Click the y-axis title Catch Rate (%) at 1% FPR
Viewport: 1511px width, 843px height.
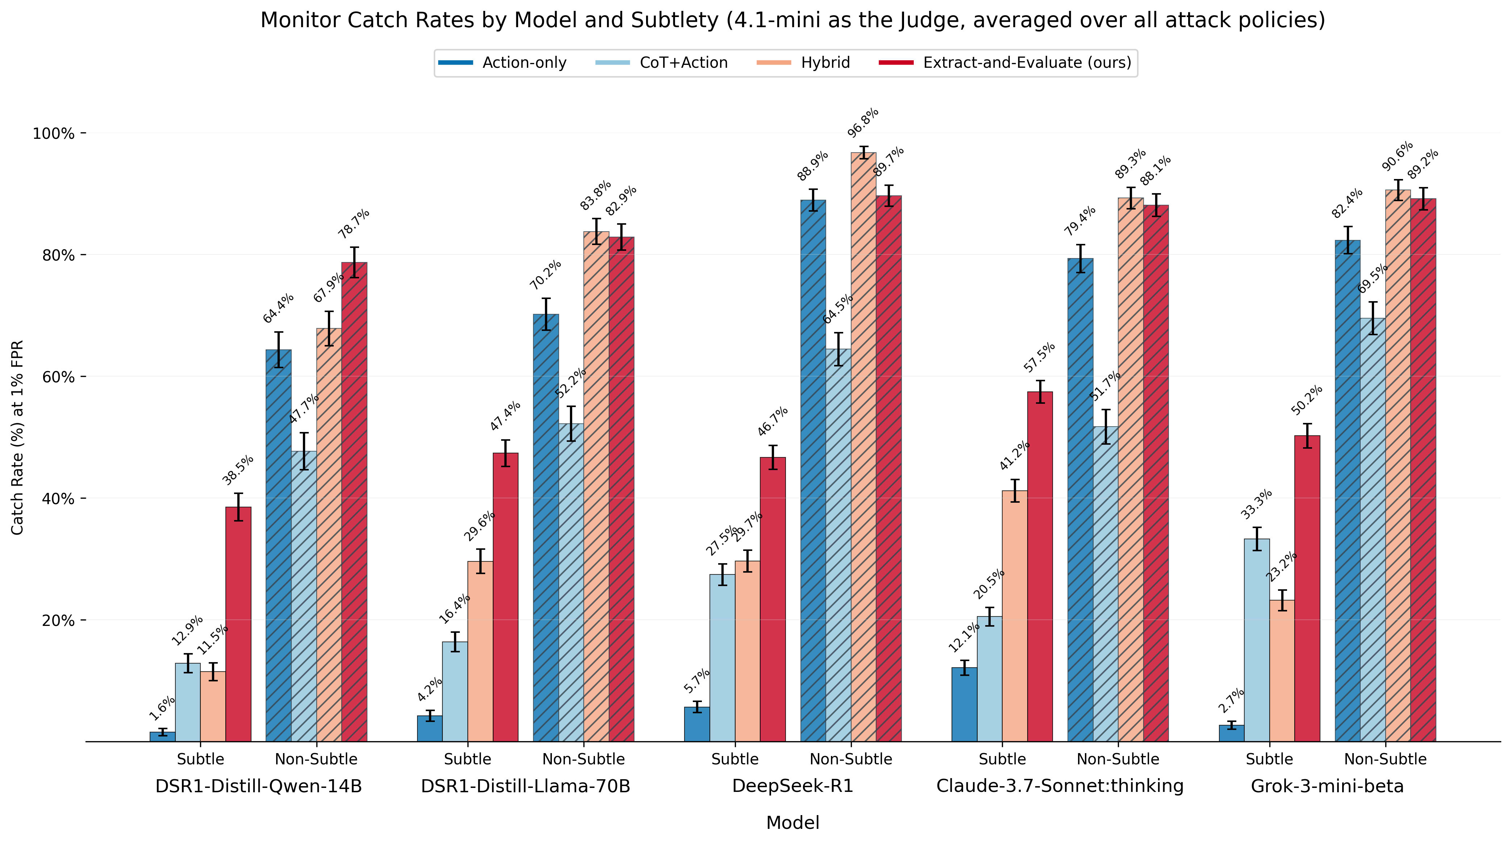pos(18,437)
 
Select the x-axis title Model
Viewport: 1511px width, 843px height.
pos(792,822)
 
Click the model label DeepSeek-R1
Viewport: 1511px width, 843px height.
pos(792,786)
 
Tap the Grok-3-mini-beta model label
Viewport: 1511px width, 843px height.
pos(1327,786)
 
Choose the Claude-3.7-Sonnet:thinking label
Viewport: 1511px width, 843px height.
pos(1060,786)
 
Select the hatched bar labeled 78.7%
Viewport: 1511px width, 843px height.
pos(354,502)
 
